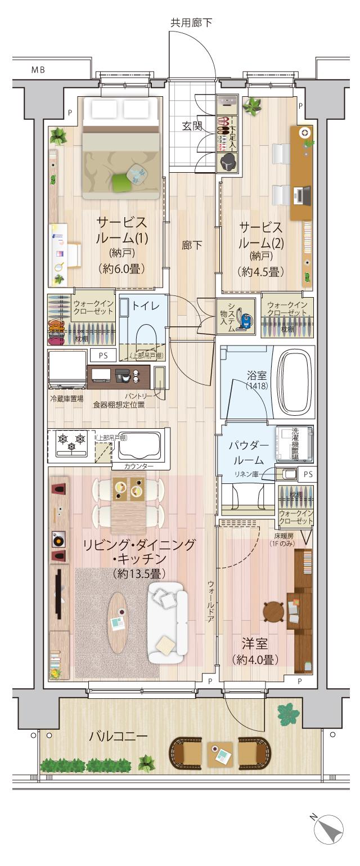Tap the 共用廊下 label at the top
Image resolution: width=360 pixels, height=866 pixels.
coord(191,23)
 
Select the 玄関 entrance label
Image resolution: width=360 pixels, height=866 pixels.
coord(192,126)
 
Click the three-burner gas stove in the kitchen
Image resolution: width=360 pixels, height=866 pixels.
coord(72,442)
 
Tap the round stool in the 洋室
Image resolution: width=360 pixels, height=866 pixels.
coord(274,612)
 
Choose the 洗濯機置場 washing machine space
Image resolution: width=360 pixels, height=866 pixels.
coord(294,443)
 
